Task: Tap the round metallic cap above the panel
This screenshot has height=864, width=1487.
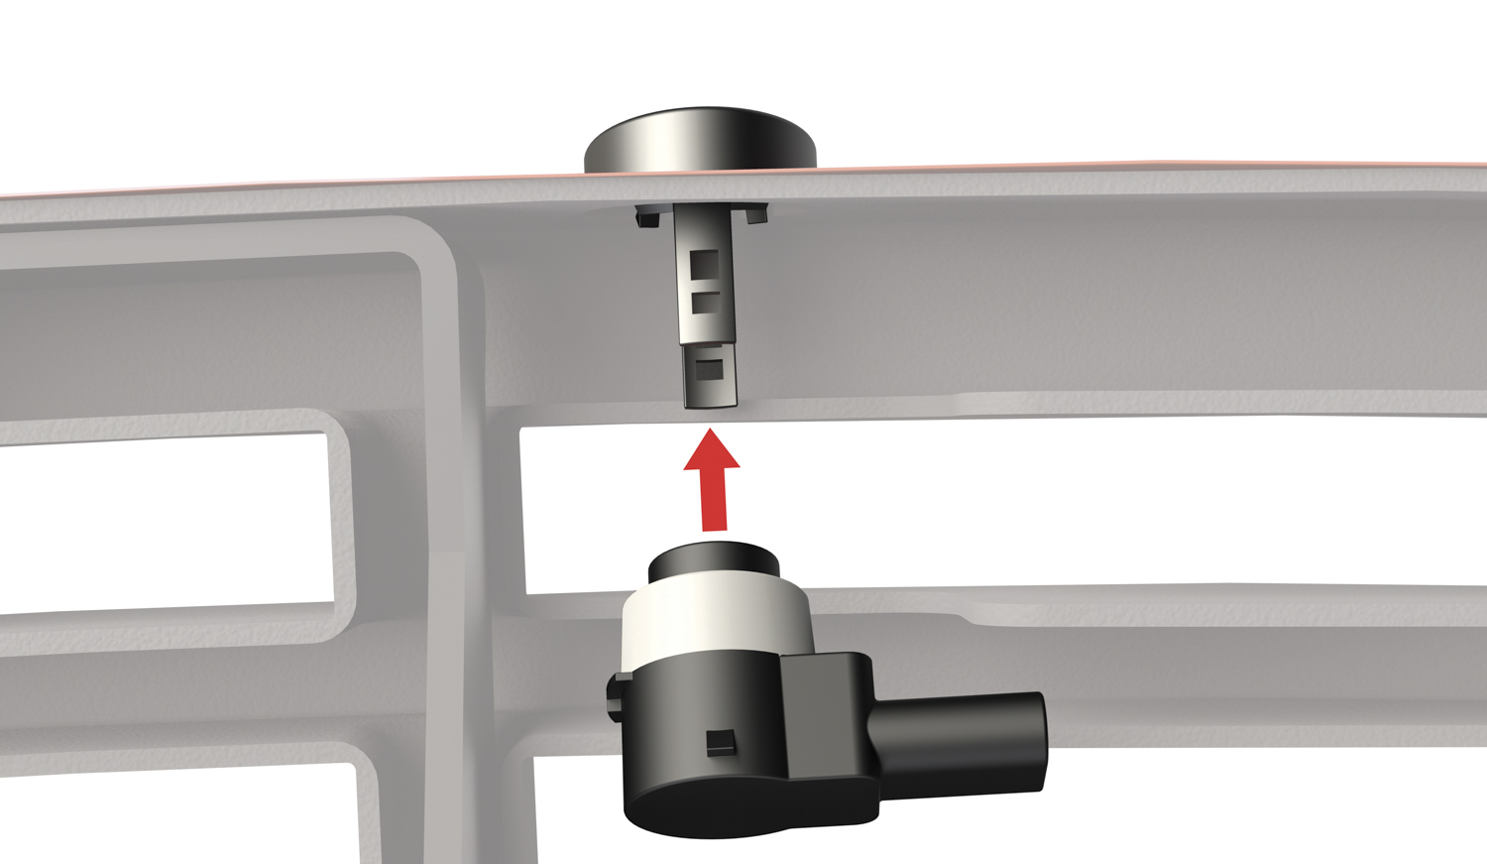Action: [x=700, y=139]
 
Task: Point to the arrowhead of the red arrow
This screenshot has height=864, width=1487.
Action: [x=711, y=451]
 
